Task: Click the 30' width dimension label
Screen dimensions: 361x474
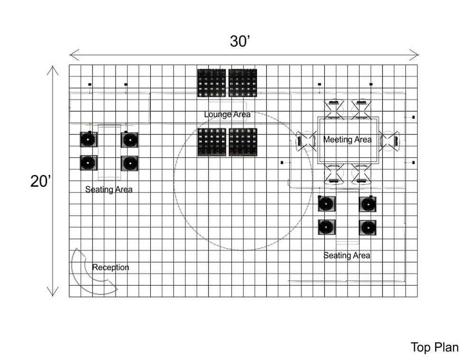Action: pyautogui.click(x=240, y=42)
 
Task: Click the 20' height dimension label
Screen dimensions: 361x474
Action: pyautogui.click(x=40, y=181)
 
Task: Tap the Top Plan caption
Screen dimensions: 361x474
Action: pyautogui.click(x=434, y=347)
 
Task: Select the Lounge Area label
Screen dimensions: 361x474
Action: pyautogui.click(x=227, y=114)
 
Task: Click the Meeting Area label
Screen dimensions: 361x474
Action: pyautogui.click(x=347, y=140)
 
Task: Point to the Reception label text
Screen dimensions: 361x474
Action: pyautogui.click(x=110, y=267)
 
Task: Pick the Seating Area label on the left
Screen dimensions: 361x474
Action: pyautogui.click(x=109, y=190)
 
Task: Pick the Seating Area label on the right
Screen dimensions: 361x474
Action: pyautogui.click(x=346, y=256)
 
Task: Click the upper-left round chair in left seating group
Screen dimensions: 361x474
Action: pyautogui.click(x=88, y=140)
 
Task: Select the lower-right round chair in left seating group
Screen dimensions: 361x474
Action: pyautogui.click(x=129, y=163)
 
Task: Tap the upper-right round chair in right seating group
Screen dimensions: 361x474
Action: pyautogui.click(x=368, y=204)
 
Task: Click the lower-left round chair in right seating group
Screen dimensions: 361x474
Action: pyautogui.click(x=326, y=227)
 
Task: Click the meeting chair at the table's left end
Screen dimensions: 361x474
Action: pyautogui.click(x=306, y=141)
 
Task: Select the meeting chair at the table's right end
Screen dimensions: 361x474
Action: pyautogui.click(x=390, y=141)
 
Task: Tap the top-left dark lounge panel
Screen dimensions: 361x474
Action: pyautogui.click(x=211, y=83)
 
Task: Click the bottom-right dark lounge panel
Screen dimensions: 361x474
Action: pyautogui.click(x=243, y=142)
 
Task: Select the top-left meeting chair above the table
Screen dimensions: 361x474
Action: pyautogui.click(x=334, y=108)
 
